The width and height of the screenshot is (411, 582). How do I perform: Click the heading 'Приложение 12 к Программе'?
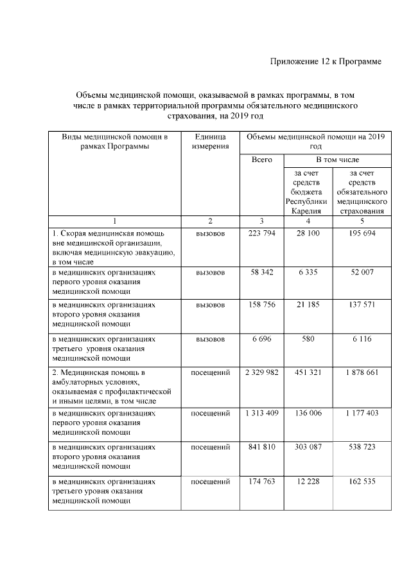(x=326, y=62)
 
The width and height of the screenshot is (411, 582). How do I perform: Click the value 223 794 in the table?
(x=261, y=233)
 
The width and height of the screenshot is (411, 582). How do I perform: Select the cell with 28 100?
(x=308, y=233)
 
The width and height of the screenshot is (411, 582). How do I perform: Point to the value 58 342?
(x=261, y=273)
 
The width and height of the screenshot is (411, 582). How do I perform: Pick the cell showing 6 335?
(x=308, y=273)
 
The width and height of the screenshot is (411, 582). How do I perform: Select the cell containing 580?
(x=308, y=339)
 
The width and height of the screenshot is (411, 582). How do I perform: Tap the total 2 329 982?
(x=261, y=373)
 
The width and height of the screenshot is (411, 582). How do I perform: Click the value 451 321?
(x=308, y=373)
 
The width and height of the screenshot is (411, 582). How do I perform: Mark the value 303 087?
(x=308, y=446)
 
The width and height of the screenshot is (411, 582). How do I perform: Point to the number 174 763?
(x=261, y=481)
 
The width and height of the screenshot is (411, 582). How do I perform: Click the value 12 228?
(x=308, y=481)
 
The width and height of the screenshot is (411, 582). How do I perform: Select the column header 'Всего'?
(x=261, y=159)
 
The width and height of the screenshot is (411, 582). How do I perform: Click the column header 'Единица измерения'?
(x=210, y=141)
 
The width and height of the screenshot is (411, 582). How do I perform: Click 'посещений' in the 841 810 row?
(x=210, y=446)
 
